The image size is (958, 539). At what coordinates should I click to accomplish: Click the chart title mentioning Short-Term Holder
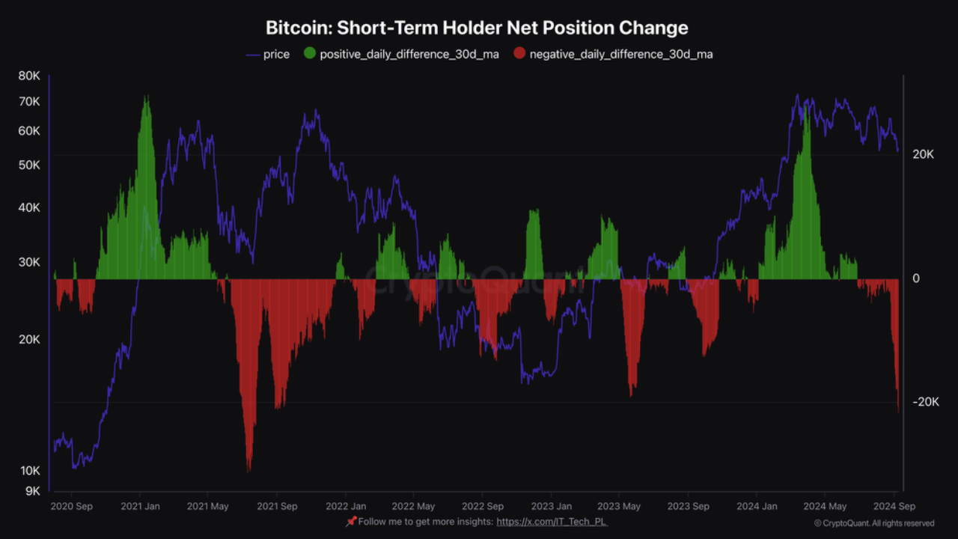477,28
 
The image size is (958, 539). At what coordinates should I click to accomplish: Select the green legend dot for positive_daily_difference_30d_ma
309,54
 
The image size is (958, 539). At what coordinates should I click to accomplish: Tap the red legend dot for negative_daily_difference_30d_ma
519,54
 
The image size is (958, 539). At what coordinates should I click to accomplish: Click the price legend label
276,55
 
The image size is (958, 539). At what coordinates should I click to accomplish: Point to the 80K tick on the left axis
29,76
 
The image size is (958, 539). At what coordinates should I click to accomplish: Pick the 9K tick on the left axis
32,491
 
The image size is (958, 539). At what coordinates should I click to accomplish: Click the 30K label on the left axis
29,262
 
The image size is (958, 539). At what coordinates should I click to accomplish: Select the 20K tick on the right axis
923,154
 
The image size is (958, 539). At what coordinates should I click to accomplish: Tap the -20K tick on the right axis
925,402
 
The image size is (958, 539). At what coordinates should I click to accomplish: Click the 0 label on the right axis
916,278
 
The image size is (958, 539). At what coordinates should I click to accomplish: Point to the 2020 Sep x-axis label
71,506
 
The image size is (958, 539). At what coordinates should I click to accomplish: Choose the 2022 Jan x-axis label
345,506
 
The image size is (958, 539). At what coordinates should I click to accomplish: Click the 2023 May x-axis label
619,506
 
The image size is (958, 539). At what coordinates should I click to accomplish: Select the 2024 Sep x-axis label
894,506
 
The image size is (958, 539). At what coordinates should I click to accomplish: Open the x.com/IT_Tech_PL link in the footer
552,522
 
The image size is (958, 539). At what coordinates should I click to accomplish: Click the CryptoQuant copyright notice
873,523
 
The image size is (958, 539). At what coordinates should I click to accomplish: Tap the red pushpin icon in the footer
350,521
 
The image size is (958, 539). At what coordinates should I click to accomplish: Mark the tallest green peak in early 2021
147,97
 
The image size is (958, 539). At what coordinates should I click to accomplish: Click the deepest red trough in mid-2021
248,470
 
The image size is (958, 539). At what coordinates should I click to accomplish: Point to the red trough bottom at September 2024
898,411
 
